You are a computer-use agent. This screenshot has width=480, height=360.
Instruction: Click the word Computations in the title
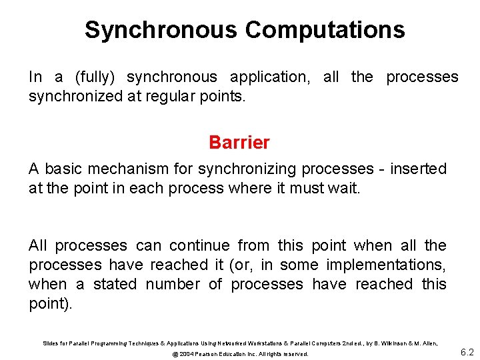coord(325,30)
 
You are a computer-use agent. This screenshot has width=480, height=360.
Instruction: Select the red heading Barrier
coord(239,143)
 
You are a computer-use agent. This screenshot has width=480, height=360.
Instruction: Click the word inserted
coord(418,169)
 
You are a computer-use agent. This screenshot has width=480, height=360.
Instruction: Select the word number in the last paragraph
coord(172,285)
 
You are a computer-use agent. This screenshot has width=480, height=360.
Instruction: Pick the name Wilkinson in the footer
coord(397,343)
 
